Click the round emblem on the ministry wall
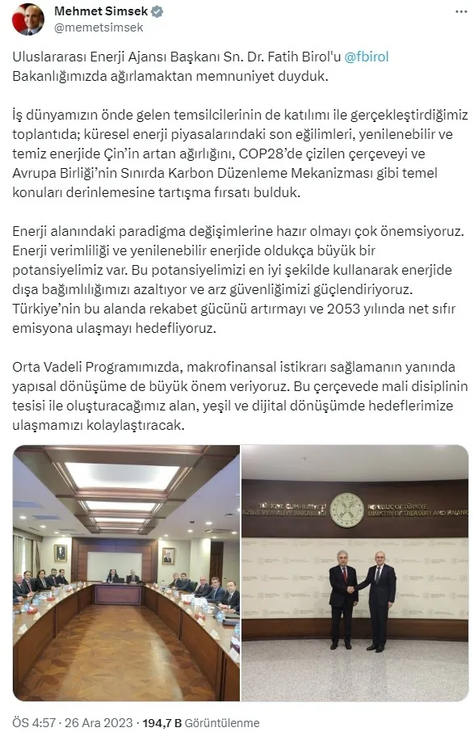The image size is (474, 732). click(346, 510)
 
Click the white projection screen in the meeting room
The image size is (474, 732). click(115, 565)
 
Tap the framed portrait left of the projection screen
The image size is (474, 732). click(61, 553)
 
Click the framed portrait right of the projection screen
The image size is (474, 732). click(168, 556)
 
